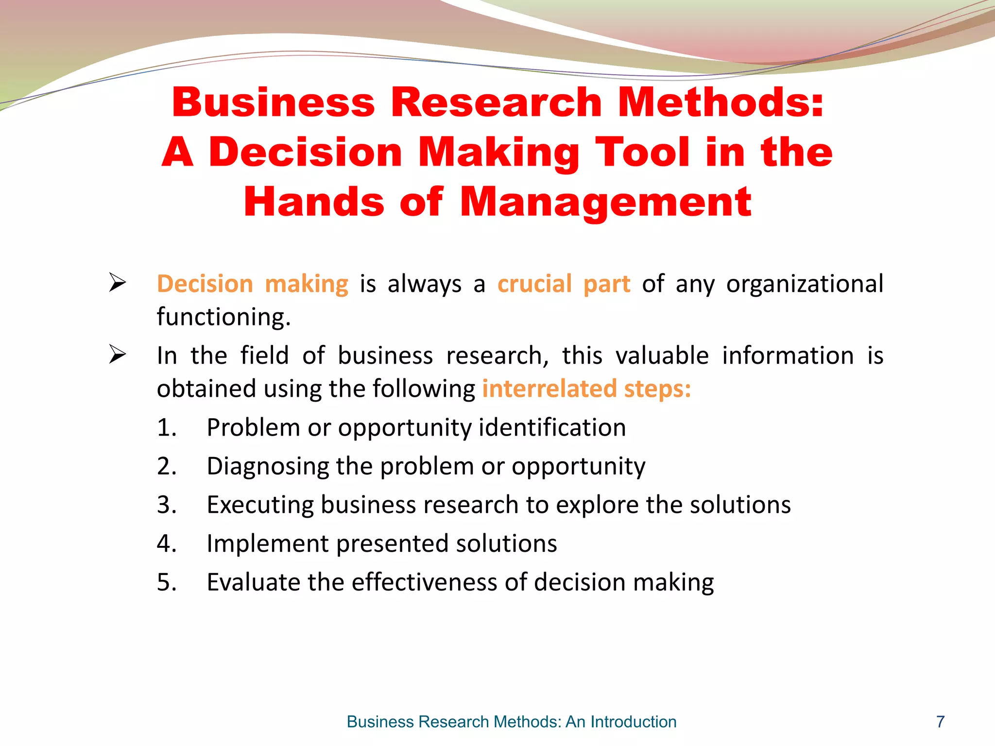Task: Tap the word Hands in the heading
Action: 313,202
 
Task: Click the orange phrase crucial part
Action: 564,284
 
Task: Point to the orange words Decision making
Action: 253,284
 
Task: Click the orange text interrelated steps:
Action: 586,389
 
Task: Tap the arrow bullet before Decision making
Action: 117,283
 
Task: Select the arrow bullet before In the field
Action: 117,354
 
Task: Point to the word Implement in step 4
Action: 267,543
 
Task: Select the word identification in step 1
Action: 552,428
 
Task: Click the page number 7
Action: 941,722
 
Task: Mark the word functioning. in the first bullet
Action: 223,317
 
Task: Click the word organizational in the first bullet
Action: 805,284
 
